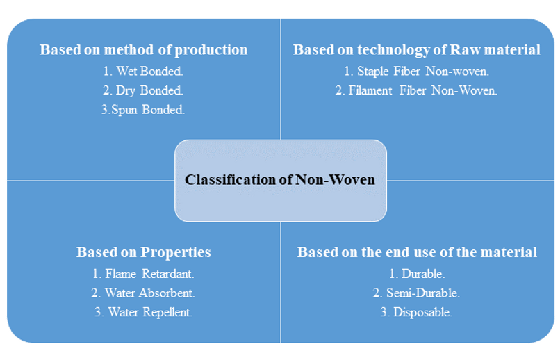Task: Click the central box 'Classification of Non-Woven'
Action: click(x=280, y=180)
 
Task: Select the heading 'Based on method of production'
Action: click(x=143, y=50)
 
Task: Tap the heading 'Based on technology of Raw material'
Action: click(x=416, y=50)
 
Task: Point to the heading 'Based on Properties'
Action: click(x=143, y=252)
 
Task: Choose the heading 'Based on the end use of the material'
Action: click(x=417, y=252)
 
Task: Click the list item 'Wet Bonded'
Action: click(x=143, y=71)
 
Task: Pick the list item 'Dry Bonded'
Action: click(x=143, y=90)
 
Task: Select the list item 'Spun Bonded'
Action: click(x=143, y=110)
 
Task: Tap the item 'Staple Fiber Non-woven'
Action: click(x=417, y=71)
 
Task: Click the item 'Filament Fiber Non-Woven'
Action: click(x=417, y=90)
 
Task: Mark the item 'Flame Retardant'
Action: click(x=143, y=273)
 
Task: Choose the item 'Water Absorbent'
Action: click(x=143, y=293)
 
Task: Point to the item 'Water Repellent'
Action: click(x=143, y=312)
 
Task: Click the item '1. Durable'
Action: click(x=417, y=273)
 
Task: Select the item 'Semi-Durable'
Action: click(x=417, y=293)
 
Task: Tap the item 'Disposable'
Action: click(x=417, y=312)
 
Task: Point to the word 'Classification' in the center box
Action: click(x=222, y=180)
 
